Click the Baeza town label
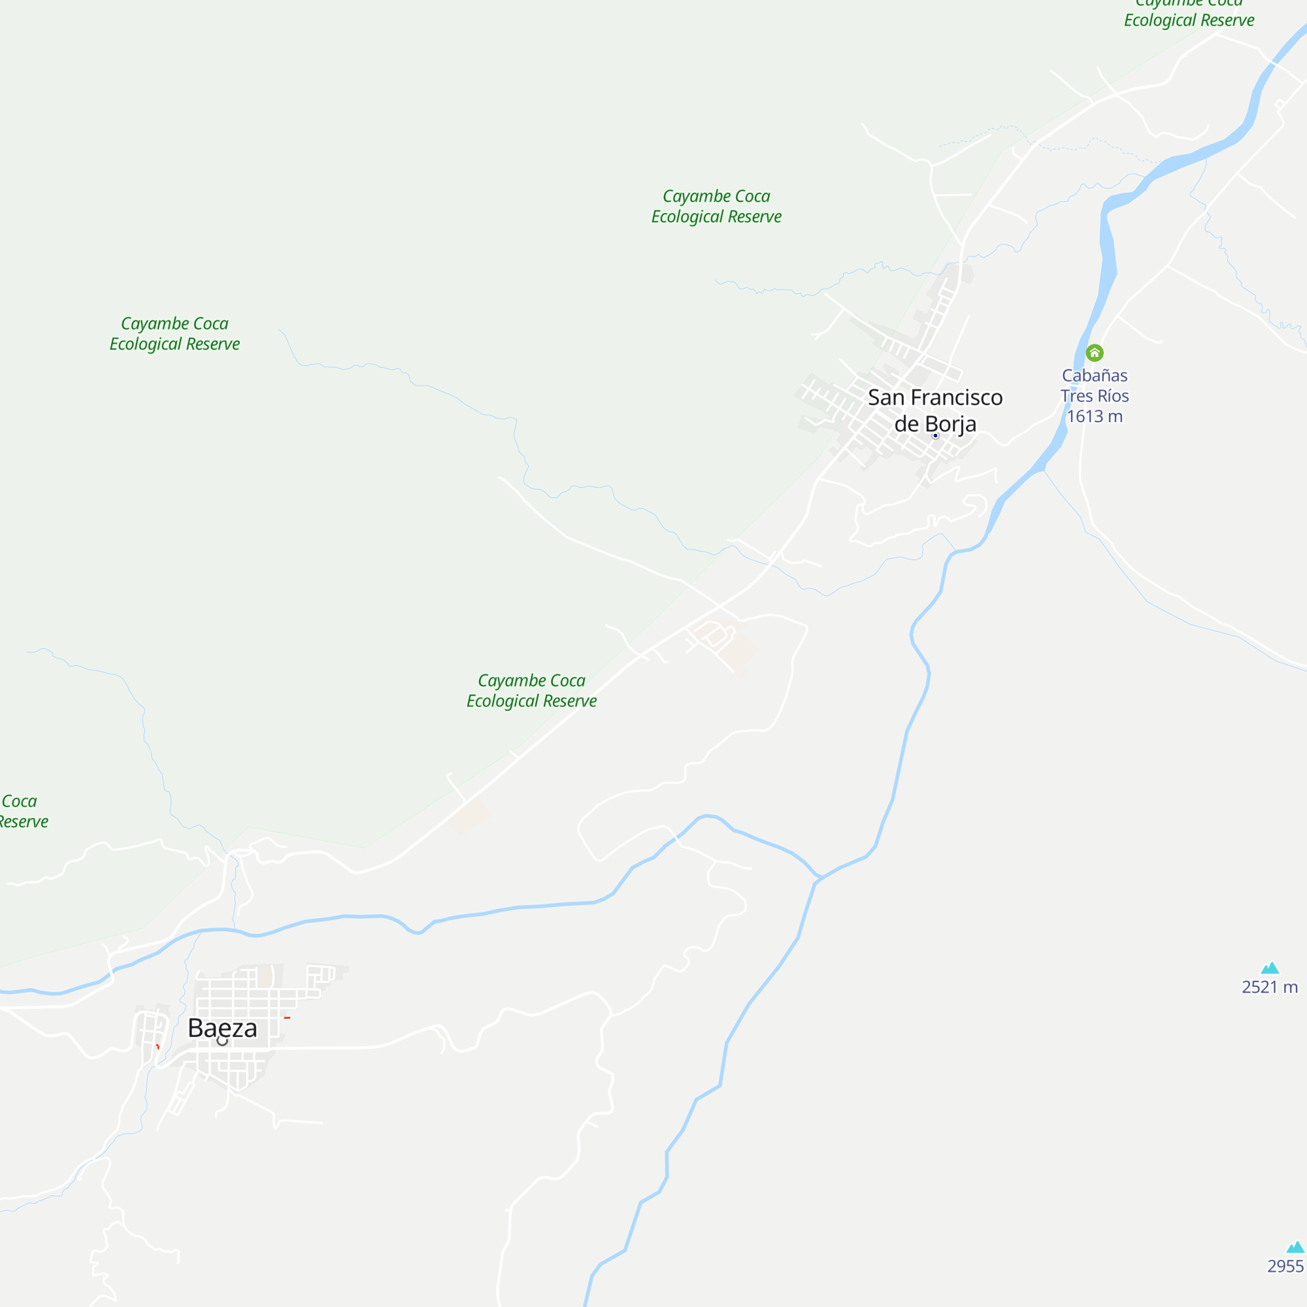coord(222,1027)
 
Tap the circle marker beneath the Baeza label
coord(222,1041)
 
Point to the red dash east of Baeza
coord(288,1017)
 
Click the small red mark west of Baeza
coord(157,1046)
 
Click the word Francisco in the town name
coord(957,398)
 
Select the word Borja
coord(950,424)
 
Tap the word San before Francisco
coord(885,398)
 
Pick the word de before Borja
coord(906,424)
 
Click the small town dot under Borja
coord(936,436)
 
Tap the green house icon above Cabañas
coord(1095,352)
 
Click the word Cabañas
coord(1095,376)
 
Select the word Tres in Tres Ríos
coord(1077,396)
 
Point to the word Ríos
coord(1113,396)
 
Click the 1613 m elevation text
coord(1095,416)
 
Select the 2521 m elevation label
coord(1270,987)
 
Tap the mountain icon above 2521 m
coord(1270,968)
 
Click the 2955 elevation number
coord(1285,1266)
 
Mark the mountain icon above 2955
coord(1295,1248)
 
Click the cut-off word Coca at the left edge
coord(19,801)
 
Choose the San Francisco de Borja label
coord(935,410)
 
